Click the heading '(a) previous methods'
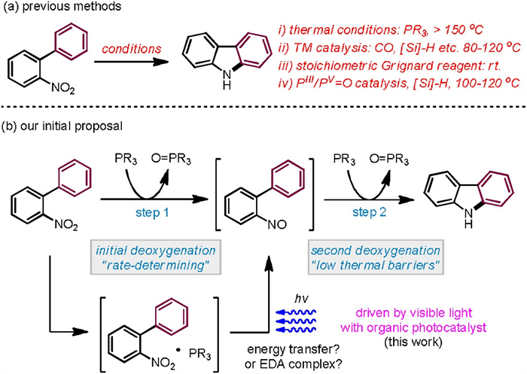(57, 9)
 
